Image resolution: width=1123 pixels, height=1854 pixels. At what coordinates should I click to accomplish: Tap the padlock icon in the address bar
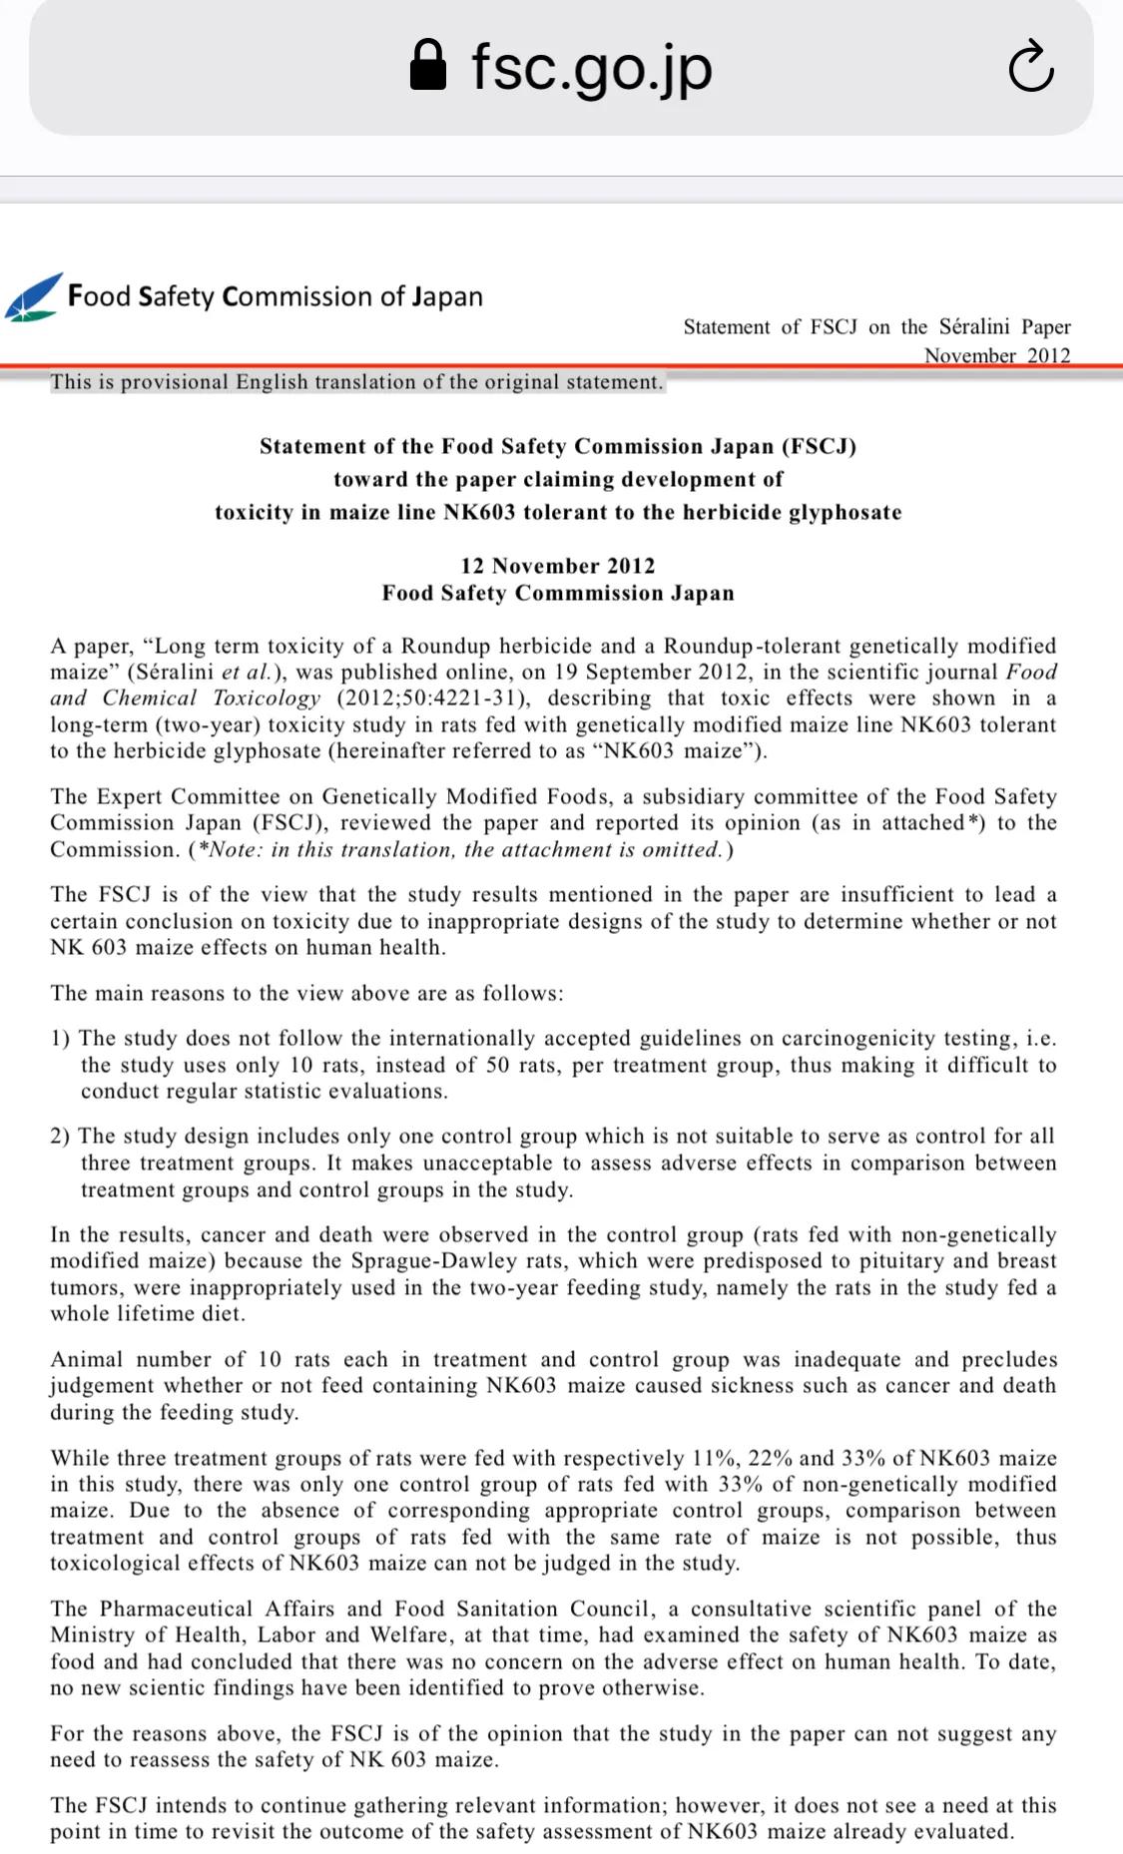(428, 66)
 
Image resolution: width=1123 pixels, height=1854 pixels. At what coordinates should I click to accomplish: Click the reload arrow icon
(1031, 67)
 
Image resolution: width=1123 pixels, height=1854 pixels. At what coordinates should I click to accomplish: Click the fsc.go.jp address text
(591, 67)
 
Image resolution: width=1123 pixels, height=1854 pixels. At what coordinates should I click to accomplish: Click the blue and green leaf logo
(33, 297)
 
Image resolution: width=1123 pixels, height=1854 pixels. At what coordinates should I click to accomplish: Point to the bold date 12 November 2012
(558, 566)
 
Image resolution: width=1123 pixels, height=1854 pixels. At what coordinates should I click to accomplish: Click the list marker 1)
(61, 1038)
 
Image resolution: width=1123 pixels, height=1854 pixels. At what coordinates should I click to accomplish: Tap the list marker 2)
(61, 1136)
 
